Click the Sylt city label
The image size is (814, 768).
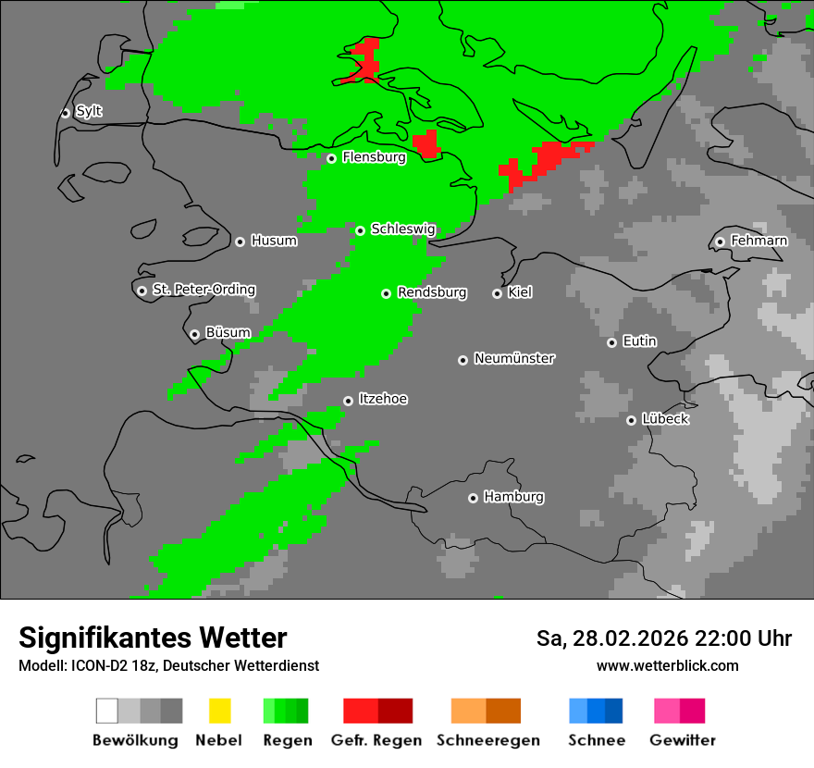(x=89, y=112)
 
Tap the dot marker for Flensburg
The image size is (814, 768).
(x=331, y=158)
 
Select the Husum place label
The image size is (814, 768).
(x=274, y=242)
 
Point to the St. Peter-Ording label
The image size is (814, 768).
(x=203, y=291)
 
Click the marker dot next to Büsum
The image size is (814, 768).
(x=194, y=334)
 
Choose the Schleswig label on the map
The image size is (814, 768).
(x=402, y=229)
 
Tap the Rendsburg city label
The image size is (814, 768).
(x=432, y=293)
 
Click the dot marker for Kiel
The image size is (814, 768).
(x=497, y=293)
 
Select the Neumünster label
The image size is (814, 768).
(x=514, y=359)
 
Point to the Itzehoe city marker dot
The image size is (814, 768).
(x=348, y=401)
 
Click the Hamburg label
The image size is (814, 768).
(x=513, y=498)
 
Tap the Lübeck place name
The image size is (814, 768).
(x=665, y=420)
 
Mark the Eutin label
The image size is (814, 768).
(x=639, y=342)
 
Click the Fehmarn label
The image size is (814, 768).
(x=758, y=242)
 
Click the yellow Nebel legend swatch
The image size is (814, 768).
(x=219, y=711)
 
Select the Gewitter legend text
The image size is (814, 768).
(x=683, y=740)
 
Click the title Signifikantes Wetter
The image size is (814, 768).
(x=153, y=638)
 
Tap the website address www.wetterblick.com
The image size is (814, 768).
(x=667, y=665)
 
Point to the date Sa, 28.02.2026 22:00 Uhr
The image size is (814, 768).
(x=664, y=638)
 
